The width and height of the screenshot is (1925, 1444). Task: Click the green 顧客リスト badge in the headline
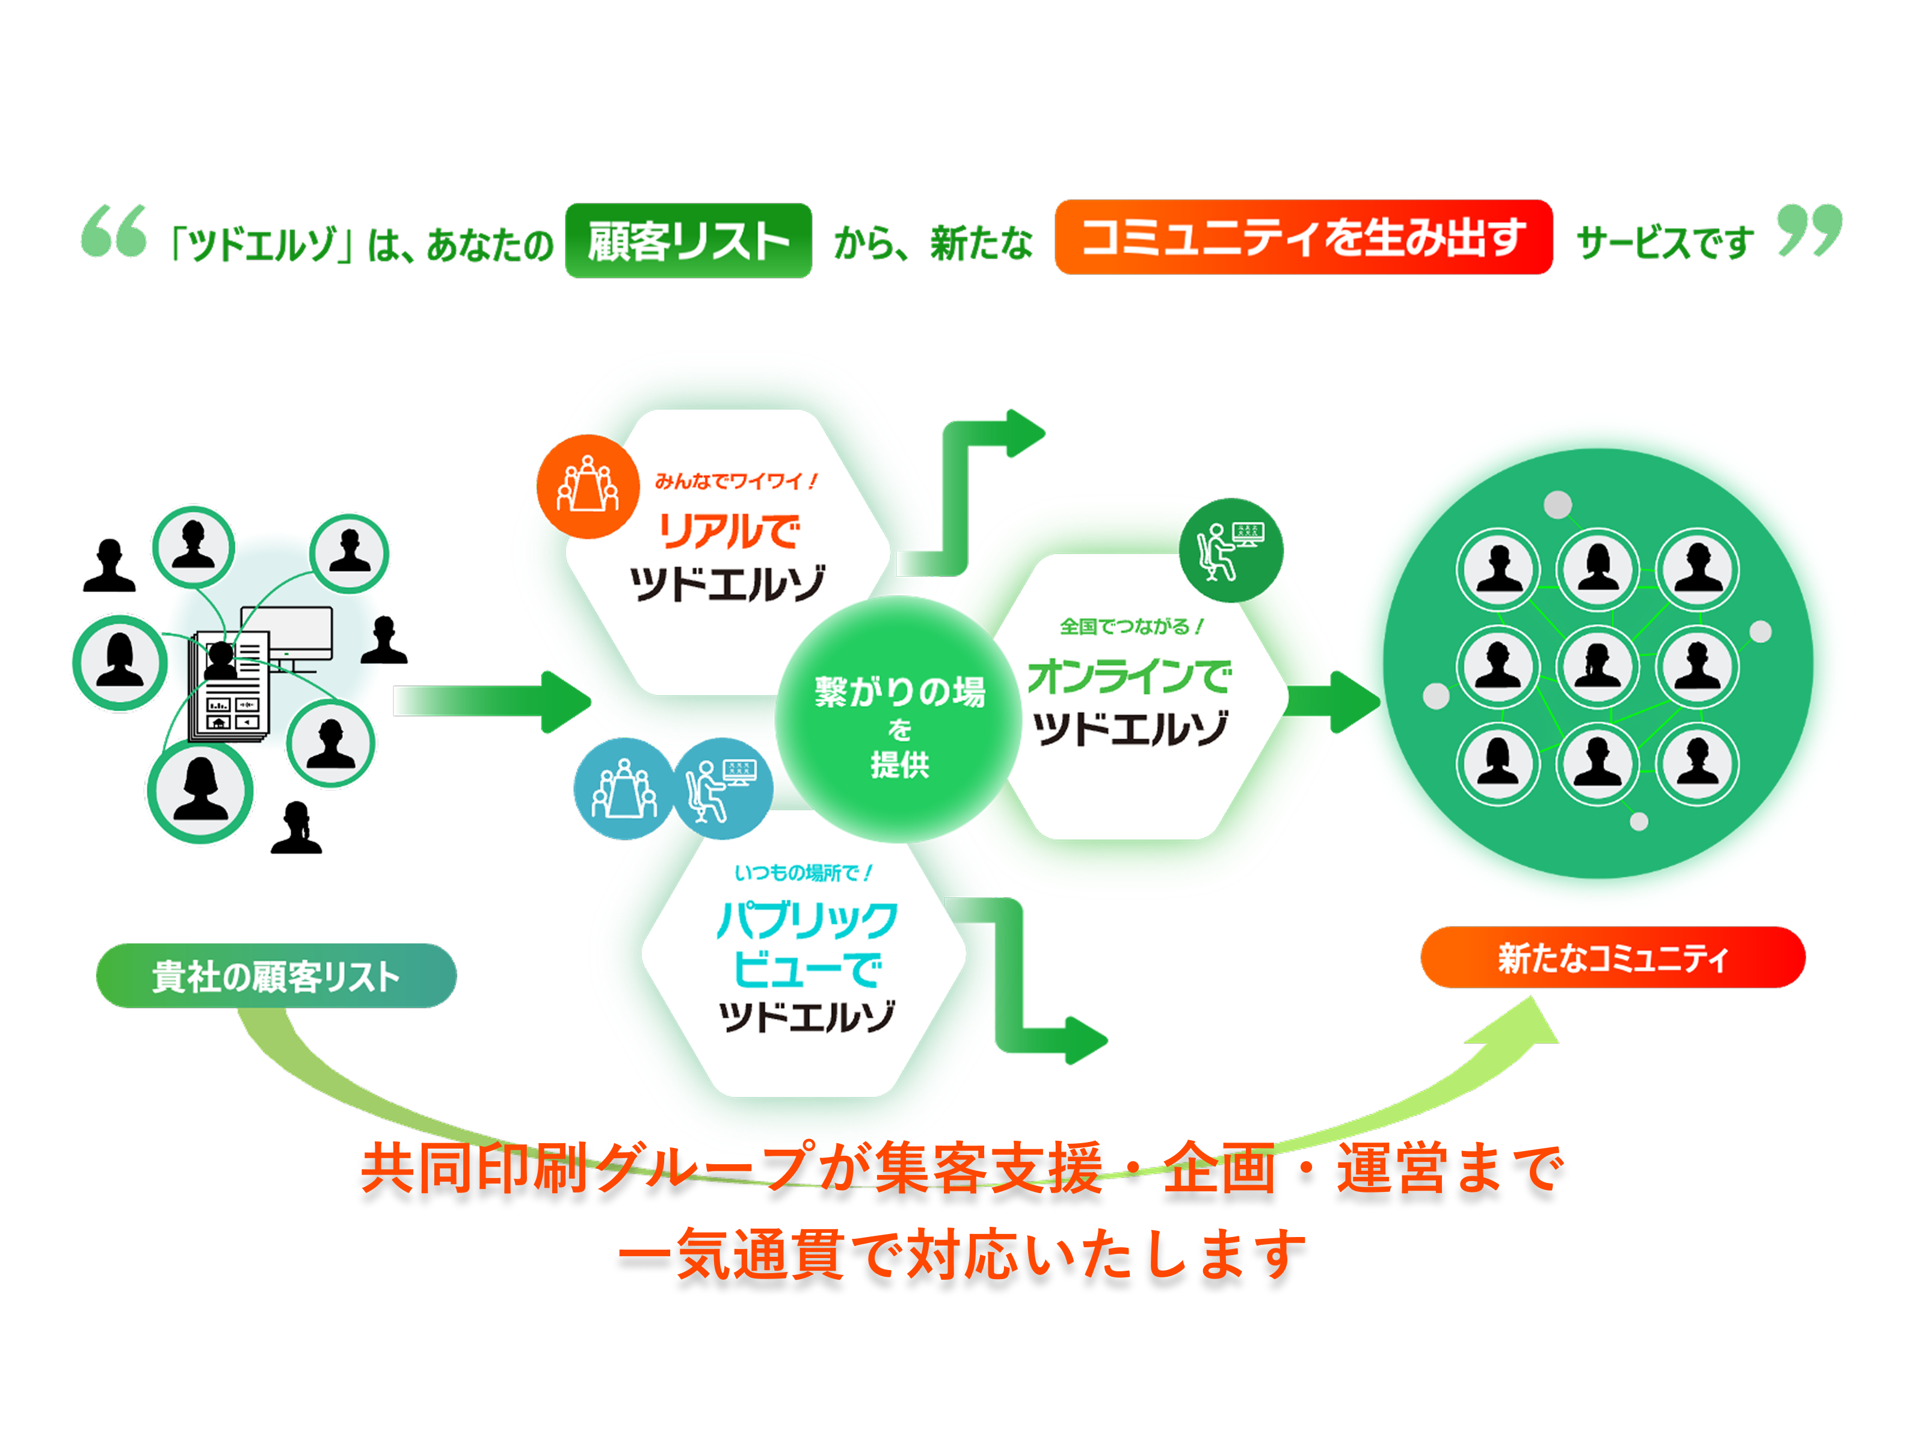coord(688,240)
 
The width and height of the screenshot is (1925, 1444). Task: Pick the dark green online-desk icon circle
coord(1231,549)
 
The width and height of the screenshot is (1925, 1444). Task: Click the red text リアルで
coord(729,530)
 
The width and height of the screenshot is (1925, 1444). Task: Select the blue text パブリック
coord(807,919)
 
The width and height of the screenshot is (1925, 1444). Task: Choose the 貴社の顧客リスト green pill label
coord(276,976)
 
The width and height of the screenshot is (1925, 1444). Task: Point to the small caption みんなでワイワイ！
coord(735,481)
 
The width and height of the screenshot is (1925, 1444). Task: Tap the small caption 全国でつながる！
coord(1130,626)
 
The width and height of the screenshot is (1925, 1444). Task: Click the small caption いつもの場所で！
coord(802,872)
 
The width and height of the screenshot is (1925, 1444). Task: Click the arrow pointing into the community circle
coord(1331,701)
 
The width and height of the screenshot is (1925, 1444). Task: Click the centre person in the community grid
coord(1597,666)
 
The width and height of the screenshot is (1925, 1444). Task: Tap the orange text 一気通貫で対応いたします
coord(962,1254)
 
